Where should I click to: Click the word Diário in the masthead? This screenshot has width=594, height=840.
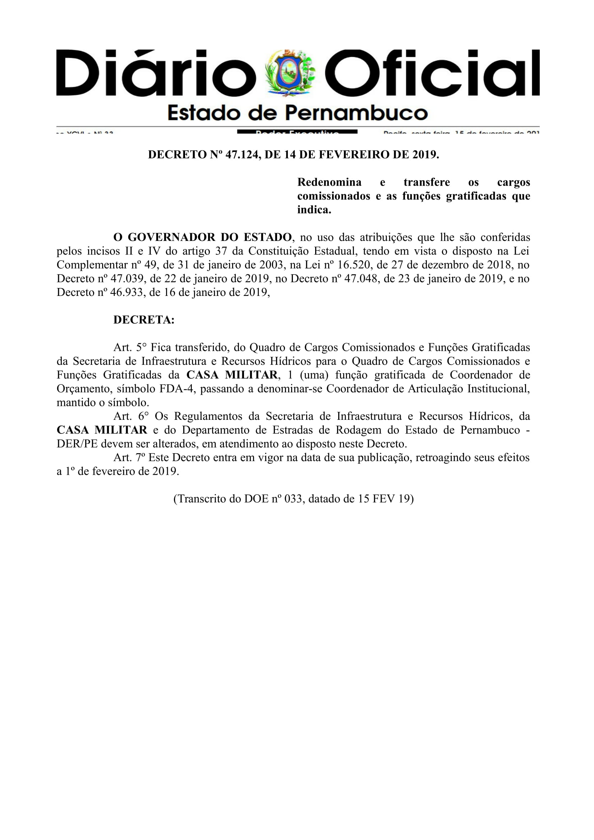[x=156, y=73]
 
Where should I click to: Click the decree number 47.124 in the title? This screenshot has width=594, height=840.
[x=241, y=155]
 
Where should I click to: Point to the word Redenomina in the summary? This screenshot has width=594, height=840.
[x=330, y=182]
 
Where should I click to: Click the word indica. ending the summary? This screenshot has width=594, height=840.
[x=314, y=210]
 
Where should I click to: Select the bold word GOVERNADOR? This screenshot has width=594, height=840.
[x=171, y=237]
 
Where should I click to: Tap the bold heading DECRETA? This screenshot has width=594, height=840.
[x=144, y=320]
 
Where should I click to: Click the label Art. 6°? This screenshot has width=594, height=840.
[x=129, y=416]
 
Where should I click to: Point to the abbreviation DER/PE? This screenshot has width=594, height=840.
[x=77, y=444]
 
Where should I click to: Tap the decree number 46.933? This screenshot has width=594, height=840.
[x=127, y=292]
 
